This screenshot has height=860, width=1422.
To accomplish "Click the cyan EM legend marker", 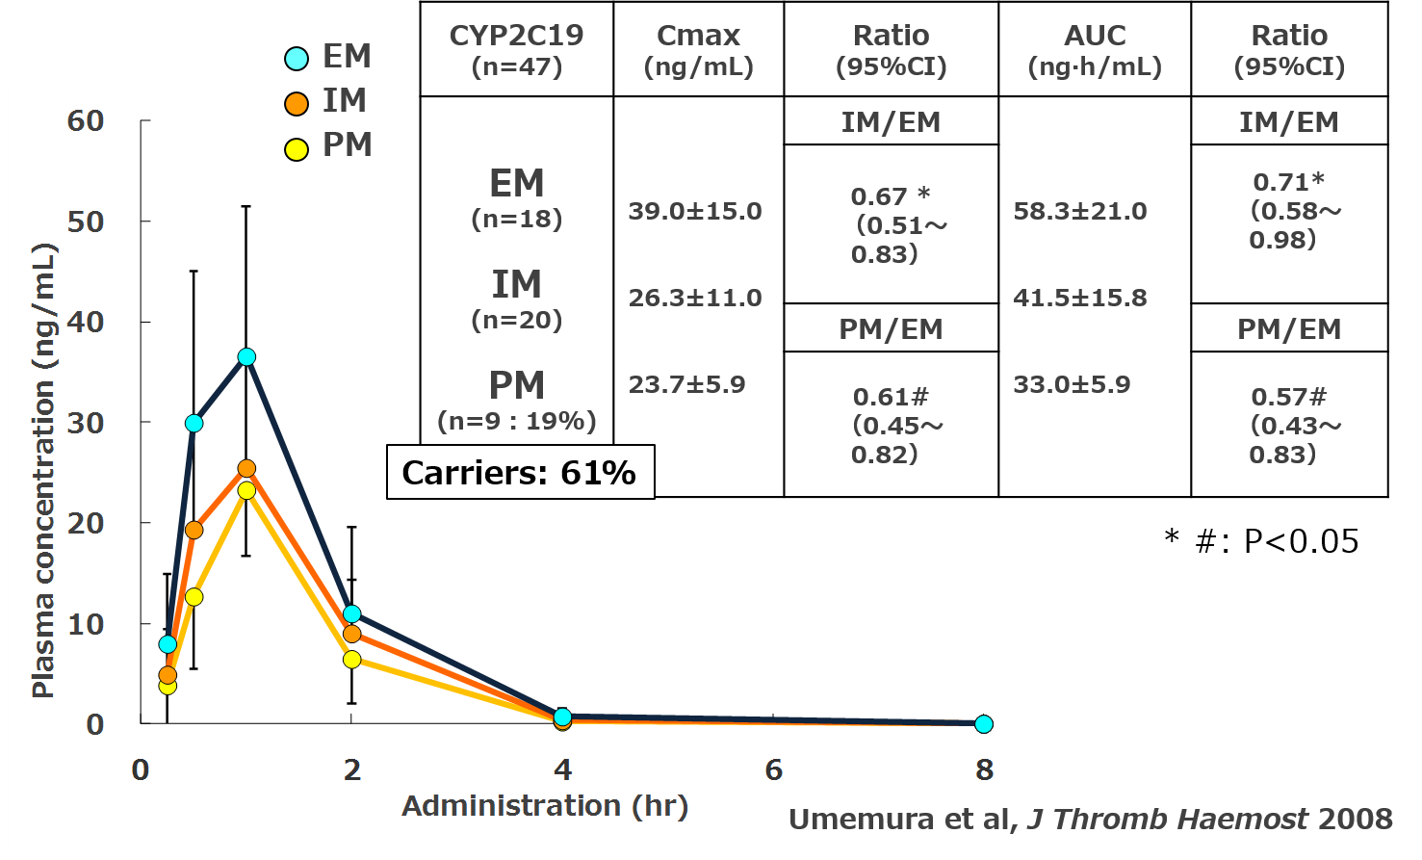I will click(x=297, y=58).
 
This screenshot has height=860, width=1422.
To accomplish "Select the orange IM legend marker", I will click(x=297, y=103).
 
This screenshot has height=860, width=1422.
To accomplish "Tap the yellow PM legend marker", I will click(x=297, y=148).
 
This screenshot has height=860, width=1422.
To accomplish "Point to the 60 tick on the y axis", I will click(x=86, y=120).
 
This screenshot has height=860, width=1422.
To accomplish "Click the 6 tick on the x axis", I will click(x=773, y=769).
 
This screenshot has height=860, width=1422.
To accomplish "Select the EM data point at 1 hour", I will click(x=246, y=356).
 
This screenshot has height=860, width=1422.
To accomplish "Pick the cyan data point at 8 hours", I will click(x=983, y=723).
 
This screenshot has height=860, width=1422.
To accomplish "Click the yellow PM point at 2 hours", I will click(x=351, y=660).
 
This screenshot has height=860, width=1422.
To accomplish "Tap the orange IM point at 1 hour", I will click(x=246, y=469).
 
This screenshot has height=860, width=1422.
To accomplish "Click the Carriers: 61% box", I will click(x=520, y=472).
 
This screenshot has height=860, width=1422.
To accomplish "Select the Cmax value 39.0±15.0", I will click(x=695, y=211).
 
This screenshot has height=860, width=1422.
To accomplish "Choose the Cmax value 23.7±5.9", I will click(x=686, y=385).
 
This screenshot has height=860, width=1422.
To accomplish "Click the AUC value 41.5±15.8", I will click(x=1080, y=298).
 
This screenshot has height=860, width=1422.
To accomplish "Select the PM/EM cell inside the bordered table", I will click(x=891, y=328).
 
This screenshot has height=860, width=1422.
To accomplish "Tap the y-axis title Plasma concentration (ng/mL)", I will click(x=43, y=470).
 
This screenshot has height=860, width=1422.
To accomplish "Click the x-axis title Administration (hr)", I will click(x=545, y=805).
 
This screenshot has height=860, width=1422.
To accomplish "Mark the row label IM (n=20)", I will click(x=517, y=299).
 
